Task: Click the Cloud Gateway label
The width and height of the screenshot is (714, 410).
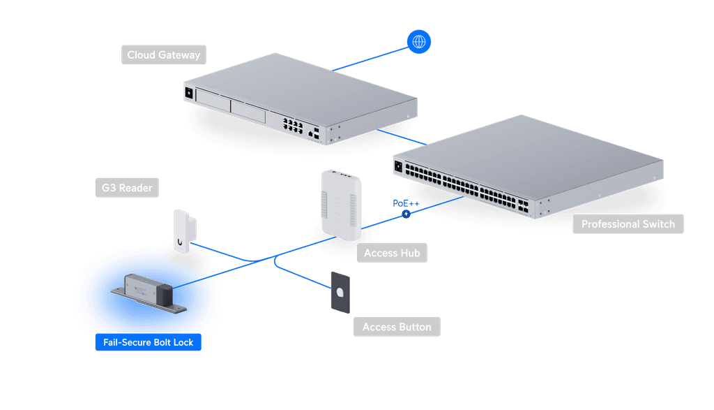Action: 163,54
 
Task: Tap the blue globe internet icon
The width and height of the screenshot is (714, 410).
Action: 419,42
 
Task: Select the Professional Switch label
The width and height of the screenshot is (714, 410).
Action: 628,224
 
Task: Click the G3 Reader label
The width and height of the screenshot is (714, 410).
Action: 127,188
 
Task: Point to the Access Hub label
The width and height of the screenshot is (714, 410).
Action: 392,253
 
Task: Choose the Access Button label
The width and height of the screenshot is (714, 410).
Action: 397,327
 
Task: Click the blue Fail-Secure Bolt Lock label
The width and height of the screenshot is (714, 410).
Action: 149,342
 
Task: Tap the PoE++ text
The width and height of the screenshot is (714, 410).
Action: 406,203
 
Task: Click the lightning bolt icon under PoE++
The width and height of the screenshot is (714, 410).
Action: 407,214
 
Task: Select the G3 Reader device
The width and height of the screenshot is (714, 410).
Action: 184,230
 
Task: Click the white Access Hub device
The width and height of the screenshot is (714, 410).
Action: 341,205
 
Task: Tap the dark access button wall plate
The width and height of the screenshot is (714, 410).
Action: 340,293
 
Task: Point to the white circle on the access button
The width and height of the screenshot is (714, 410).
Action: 340,292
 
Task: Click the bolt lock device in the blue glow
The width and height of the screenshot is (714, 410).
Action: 149,293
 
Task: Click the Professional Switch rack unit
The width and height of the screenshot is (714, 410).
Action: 529,166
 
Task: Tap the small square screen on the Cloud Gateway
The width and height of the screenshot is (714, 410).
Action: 189,93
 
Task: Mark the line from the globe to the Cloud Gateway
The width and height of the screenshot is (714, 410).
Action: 370,59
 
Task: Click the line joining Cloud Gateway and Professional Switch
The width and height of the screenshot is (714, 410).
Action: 402,138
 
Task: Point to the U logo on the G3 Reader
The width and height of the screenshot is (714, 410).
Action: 180,242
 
